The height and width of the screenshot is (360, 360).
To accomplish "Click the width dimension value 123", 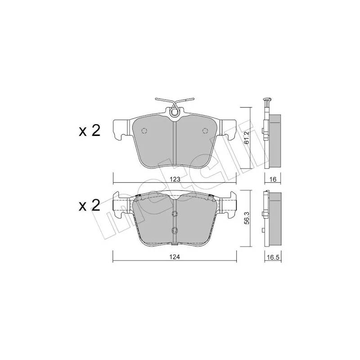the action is (x=175, y=179).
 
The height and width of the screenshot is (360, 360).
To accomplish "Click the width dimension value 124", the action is (x=175, y=257).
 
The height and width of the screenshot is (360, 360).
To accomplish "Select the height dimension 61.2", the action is (x=247, y=138).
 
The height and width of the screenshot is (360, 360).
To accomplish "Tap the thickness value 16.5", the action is (x=273, y=257).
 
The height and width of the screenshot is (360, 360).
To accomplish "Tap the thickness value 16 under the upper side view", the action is (x=273, y=179).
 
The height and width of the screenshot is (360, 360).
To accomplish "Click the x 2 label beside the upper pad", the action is (x=90, y=131).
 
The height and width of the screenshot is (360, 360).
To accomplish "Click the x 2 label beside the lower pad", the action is (x=90, y=205).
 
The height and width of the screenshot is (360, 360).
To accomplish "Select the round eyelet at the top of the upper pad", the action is (x=175, y=112).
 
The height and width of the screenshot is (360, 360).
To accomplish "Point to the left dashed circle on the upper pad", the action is (x=144, y=130).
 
